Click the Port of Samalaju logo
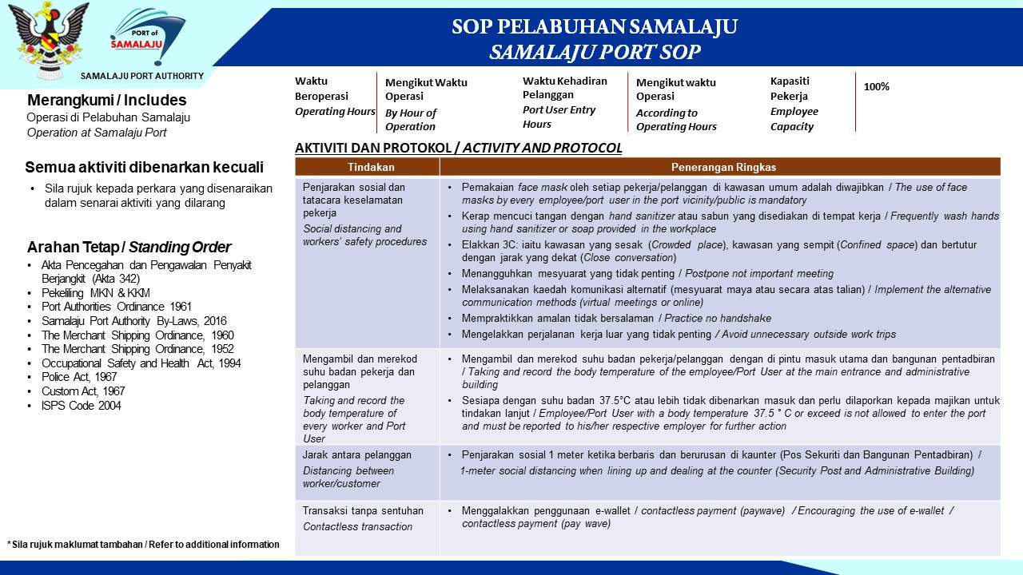click(148, 40)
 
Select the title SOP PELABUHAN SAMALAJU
click(594, 27)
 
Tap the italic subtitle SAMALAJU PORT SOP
click(595, 53)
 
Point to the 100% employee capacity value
click(877, 86)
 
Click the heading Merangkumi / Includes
click(106, 101)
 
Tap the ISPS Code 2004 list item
click(82, 406)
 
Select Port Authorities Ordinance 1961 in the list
click(117, 307)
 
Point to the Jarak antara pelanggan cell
click(356, 455)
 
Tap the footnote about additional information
click(144, 545)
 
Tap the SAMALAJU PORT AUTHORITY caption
click(141, 76)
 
